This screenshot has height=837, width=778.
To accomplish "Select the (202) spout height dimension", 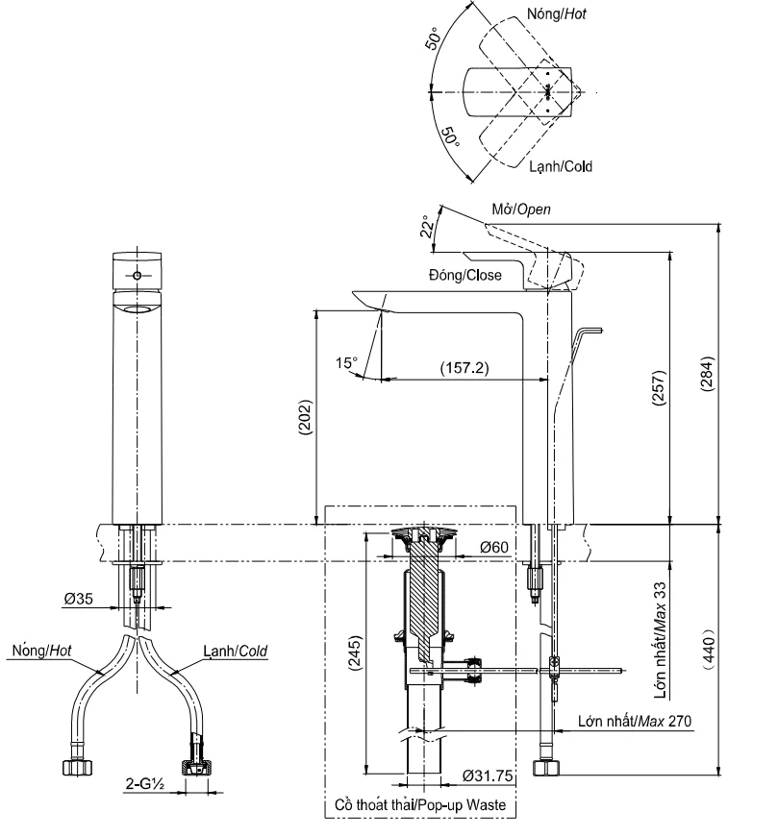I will [305, 418].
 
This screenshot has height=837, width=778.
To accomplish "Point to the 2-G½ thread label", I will [146, 783].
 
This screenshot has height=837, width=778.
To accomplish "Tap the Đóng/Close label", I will [464, 276].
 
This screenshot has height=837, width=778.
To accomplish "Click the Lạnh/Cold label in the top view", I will [561, 166].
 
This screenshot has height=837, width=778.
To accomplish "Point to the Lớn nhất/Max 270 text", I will [636, 720].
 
